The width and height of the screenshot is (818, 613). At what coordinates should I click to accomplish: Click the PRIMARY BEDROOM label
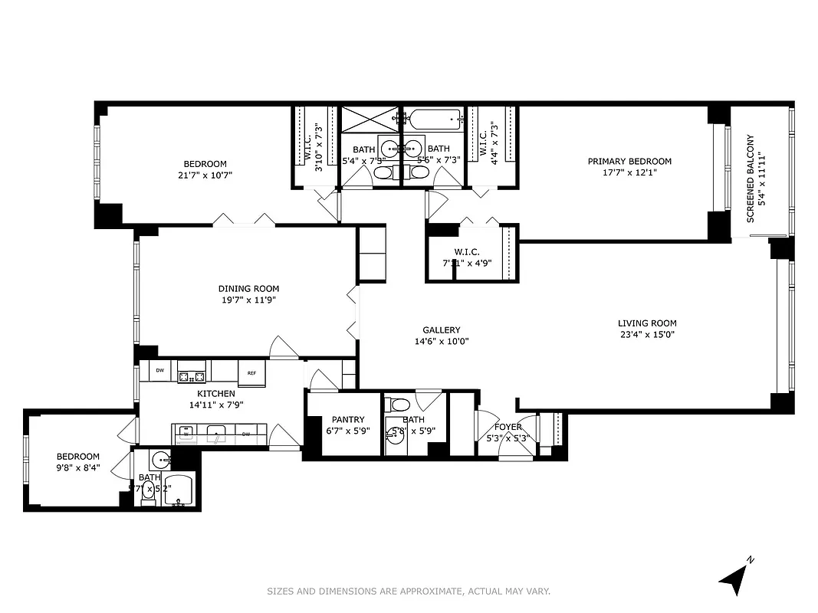(x=629, y=161)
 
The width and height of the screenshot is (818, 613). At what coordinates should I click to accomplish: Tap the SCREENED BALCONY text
(x=751, y=179)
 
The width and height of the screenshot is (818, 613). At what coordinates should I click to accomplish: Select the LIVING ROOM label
(x=648, y=323)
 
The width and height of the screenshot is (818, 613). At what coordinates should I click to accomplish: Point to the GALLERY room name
(x=441, y=330)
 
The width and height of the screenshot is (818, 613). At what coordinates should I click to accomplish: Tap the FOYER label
(x=508, y=427)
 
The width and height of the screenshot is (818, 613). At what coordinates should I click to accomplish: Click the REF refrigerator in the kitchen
(x=251, y=372)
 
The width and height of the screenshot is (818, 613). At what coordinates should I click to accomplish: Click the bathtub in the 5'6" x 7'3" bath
(x=435, y=119)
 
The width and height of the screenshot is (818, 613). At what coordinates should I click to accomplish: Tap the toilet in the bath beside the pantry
(x=398, y=405)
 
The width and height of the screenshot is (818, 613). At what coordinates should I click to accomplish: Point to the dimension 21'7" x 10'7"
(x=205, y=175)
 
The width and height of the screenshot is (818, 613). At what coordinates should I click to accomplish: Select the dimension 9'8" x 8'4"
(x=78, y=467)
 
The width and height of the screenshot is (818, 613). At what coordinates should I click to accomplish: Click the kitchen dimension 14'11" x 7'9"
(x=215, y=405)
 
